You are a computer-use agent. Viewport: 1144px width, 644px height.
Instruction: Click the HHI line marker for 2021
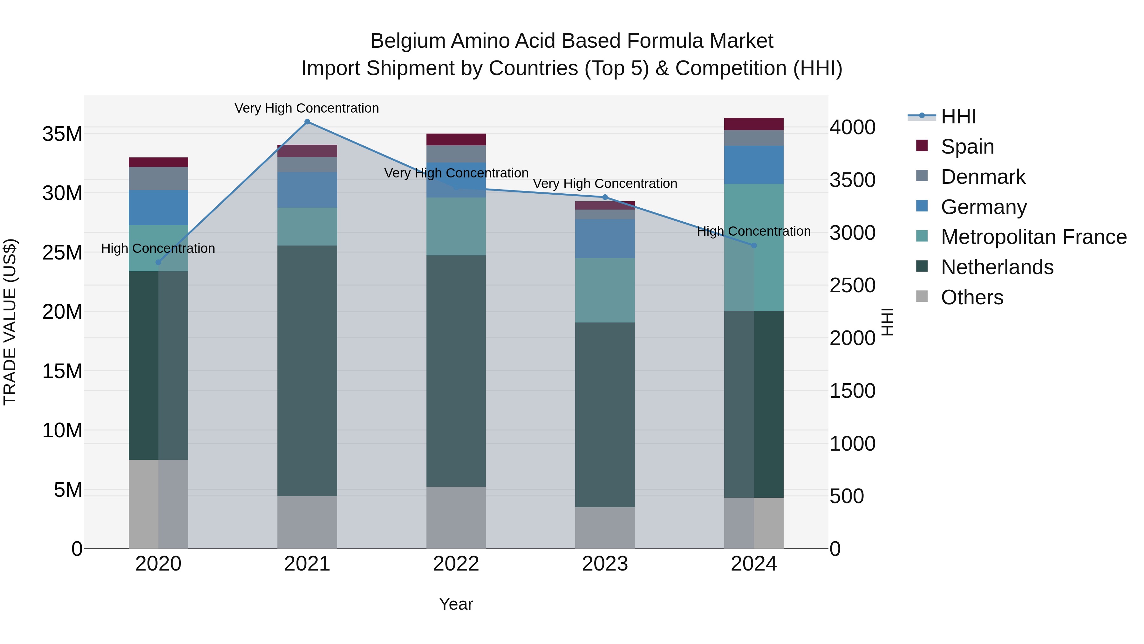(x=307, y=122)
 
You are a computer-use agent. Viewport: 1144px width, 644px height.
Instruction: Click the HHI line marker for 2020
(x=158, y=262)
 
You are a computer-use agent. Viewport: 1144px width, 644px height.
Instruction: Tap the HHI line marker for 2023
(x=605, y=197)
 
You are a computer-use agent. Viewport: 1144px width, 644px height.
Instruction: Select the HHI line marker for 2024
(x=754, y=245)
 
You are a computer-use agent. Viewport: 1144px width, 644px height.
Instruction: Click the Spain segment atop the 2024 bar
(x=754, y=124)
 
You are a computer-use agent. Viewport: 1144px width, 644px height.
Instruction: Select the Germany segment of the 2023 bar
(x=605, y=238)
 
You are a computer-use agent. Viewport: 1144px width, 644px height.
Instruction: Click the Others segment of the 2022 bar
(x=456, y=517)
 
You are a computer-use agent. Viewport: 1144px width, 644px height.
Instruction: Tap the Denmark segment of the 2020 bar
(x=158, y=179)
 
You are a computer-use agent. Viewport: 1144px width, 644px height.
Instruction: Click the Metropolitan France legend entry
(x=1033, y=237)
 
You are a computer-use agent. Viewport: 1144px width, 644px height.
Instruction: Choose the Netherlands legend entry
(x=997, y=267)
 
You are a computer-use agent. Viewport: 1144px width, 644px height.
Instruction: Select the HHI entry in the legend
(x=958, y=116)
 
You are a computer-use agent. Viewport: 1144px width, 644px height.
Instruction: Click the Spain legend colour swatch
(x=922, y=146)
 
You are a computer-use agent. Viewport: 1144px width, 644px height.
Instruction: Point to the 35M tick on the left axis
(x=62, y=134)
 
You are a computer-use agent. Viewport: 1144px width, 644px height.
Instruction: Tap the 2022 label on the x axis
(x=456, y=564)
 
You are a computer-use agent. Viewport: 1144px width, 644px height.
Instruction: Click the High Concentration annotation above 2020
(x=158, y=248)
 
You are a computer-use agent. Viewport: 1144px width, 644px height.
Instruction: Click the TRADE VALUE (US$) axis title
(x=10, y=322)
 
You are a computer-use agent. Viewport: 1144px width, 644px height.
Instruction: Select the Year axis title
(x=456, y=604)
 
